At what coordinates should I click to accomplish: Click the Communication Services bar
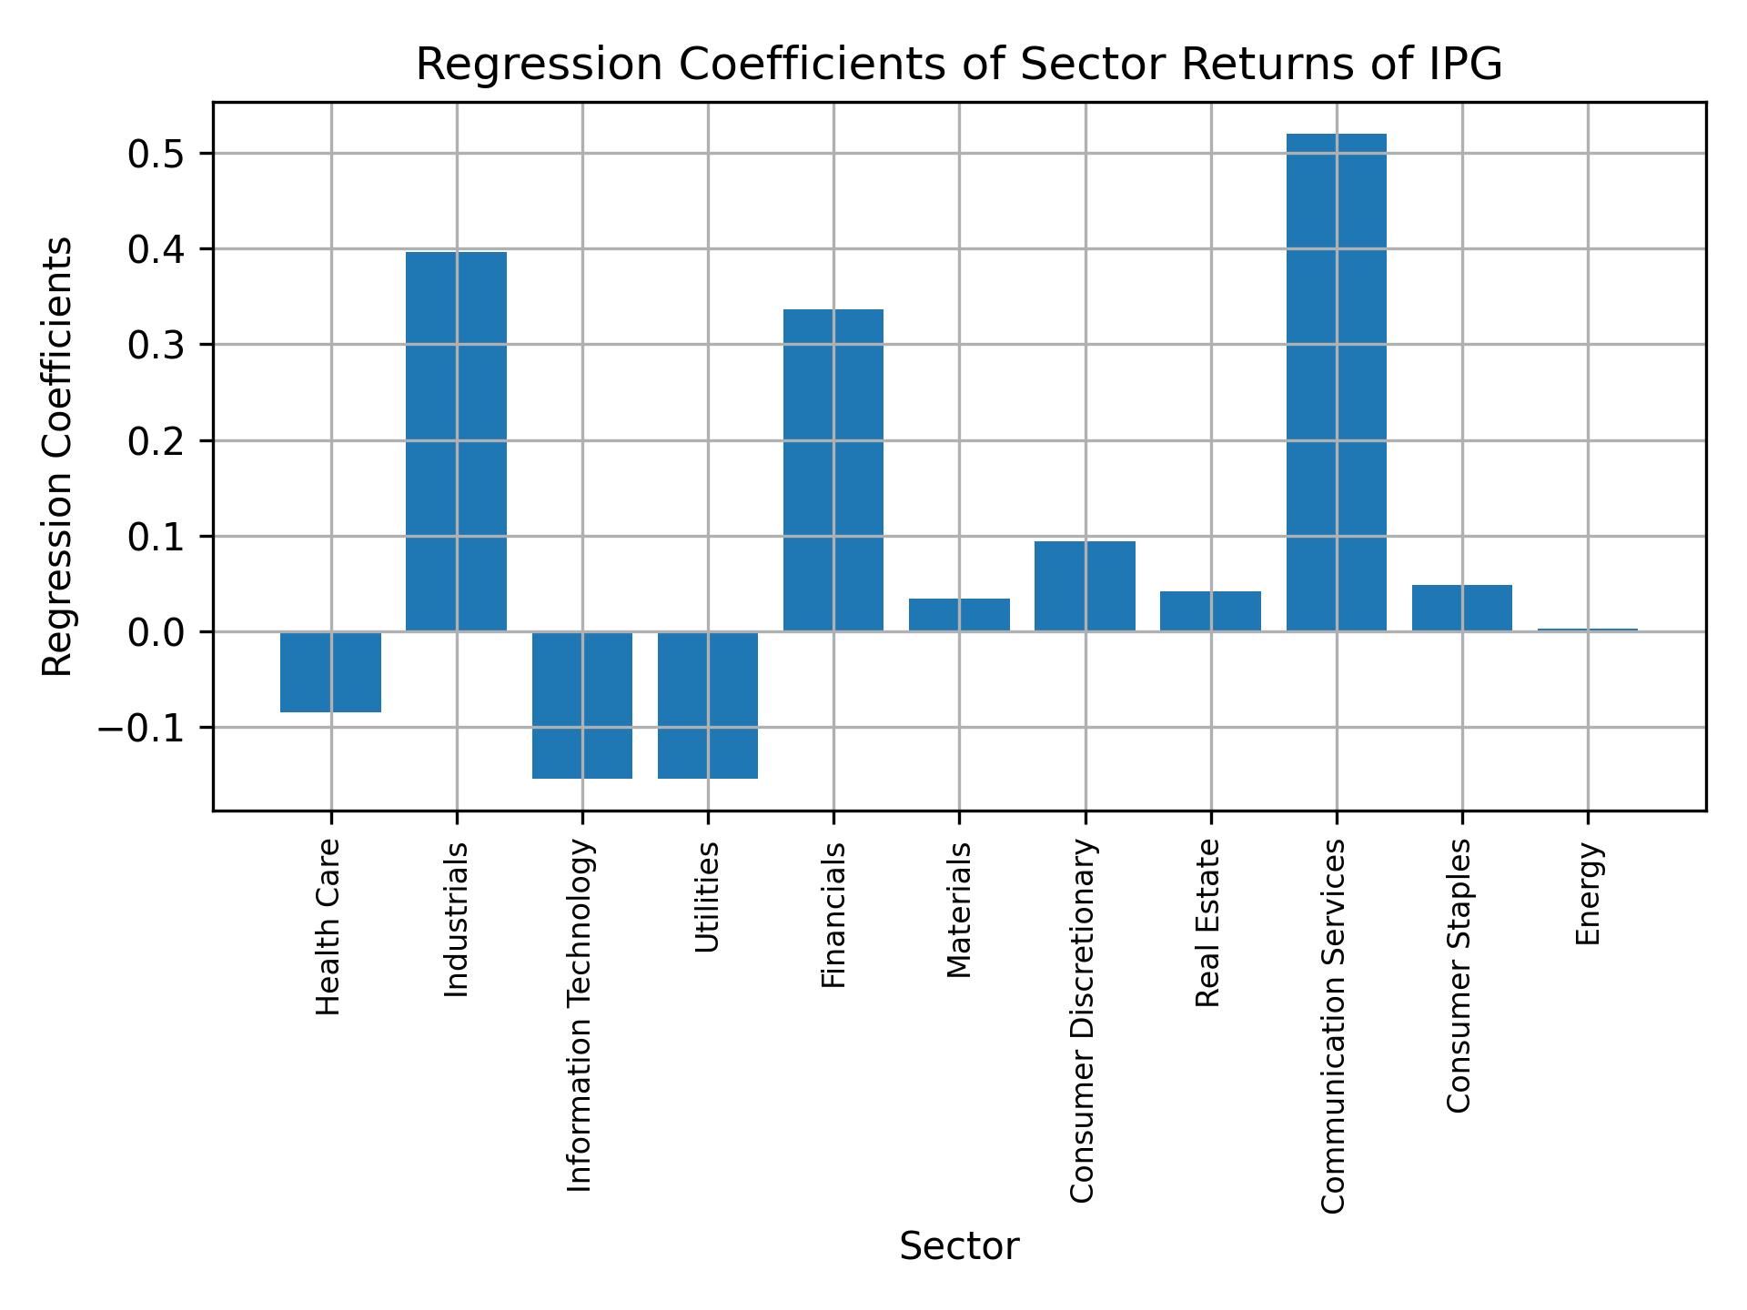click(1336, 382)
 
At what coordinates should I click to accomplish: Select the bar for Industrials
click(456, 441)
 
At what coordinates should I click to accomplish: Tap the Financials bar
click(833, 470)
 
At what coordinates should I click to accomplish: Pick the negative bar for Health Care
click(330, 672)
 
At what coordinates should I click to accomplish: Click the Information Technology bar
click(582, 705)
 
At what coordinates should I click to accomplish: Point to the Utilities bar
click(708, 705)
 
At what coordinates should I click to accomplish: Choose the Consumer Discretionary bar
click(1085, 586)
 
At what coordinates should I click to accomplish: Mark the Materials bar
click(959, 615)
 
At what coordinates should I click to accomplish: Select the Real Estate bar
click(1210, 611)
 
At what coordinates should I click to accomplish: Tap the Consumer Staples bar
click(1461, 608)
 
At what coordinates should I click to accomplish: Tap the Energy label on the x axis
click(1588, 893)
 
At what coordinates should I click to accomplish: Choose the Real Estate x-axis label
click(1207, 923)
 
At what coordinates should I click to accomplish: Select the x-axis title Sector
click(959, 1246)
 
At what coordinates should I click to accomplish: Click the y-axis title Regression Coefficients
click(58, 457)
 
